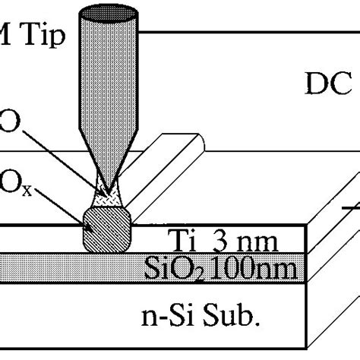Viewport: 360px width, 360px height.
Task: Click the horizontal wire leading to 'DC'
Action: pos(228,32)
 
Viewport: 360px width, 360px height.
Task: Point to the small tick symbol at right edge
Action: pos(352,206)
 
